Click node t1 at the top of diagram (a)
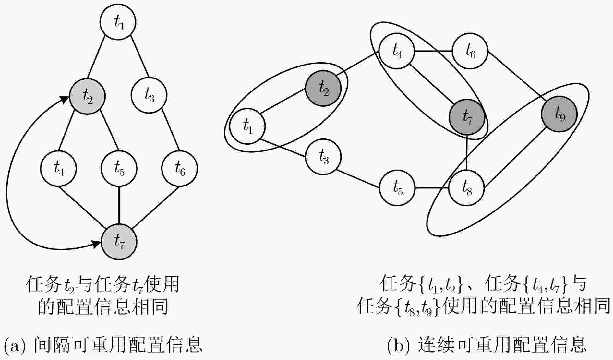118,22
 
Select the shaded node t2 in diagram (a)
87,96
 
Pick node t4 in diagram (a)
58,168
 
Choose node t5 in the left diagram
119,168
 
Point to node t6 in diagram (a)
180,168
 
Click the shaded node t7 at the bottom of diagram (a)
119,242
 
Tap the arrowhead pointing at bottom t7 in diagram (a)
96,244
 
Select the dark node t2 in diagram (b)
323,88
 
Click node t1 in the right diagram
247,126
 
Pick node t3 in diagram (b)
323,157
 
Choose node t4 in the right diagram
397,51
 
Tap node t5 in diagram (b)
397,188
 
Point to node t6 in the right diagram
470,51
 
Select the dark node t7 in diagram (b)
467,117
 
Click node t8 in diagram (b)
466,188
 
